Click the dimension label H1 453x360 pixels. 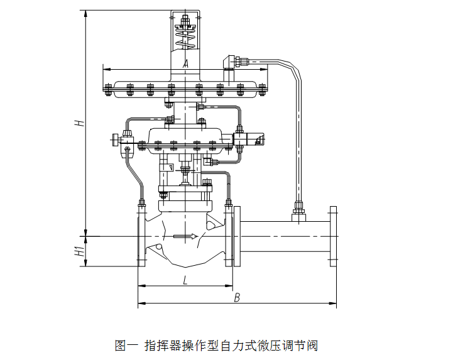point(79,252)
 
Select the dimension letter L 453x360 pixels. point(185,280)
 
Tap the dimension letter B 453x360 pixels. point(237,298)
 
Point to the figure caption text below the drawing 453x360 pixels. point(217,346)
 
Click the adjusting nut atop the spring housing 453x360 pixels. point(185,25)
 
